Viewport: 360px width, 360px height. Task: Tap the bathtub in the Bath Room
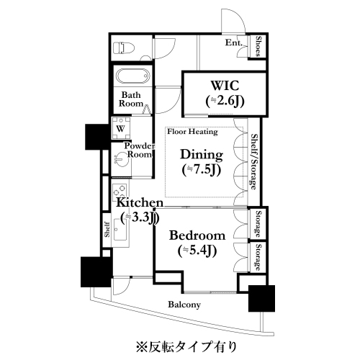pos(132,76)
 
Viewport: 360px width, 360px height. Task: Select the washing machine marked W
pos(121,128)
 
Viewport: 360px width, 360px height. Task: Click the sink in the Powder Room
pos(121,160)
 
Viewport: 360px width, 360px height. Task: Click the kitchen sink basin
pos(120,230)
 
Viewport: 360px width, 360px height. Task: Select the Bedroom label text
pos(197,235)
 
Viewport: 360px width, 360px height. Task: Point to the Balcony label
pos(184,305)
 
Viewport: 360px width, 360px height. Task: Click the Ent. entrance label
pos(233,43)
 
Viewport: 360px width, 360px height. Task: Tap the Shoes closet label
pos(258,46)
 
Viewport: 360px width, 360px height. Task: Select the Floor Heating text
pos(193,132)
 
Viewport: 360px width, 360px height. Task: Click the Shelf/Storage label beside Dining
pos(253,162)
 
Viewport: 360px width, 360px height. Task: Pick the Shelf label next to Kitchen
pos(107,230)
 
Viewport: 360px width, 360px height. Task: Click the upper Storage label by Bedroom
pos(258,224)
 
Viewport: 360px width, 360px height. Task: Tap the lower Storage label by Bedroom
pos(258,258)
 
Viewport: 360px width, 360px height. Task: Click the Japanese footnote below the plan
pos(186,346)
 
